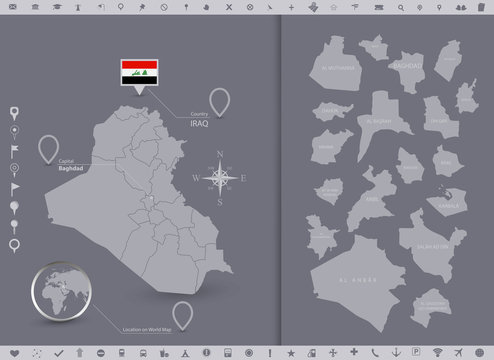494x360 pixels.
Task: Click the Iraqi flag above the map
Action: (136, 71)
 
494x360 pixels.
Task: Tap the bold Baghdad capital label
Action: (73, 168)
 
